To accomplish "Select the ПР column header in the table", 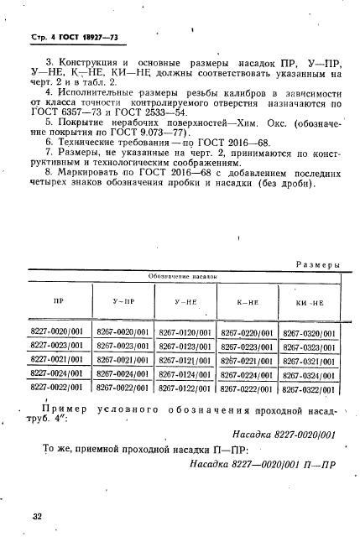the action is (58, 299).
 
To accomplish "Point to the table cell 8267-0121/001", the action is (185, 360).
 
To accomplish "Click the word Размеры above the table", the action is (316, 264).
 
